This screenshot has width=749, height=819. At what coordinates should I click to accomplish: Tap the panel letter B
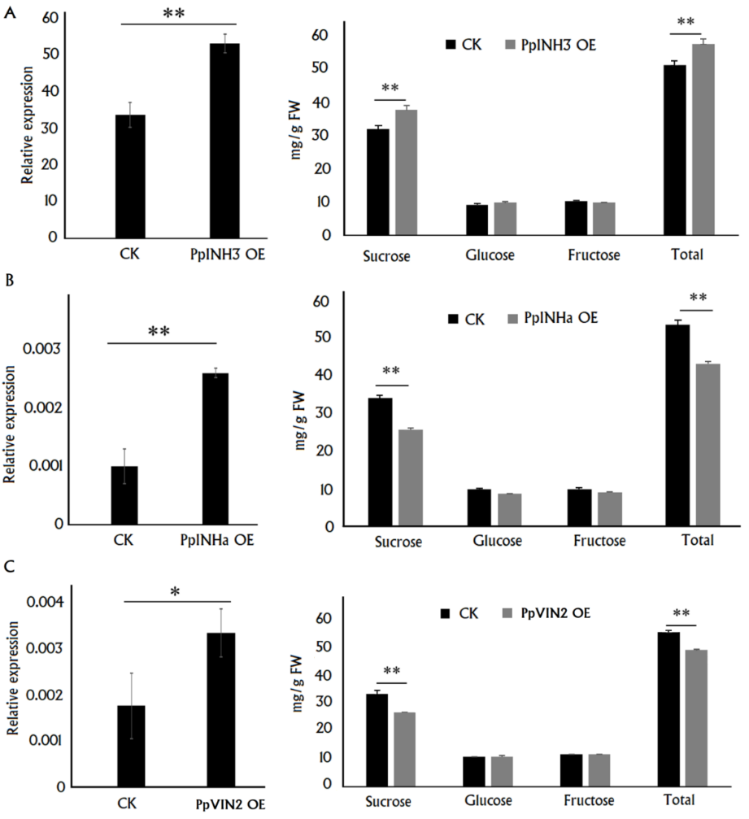coord(9,283)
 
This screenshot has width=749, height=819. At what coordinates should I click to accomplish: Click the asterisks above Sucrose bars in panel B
coord(393,372)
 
